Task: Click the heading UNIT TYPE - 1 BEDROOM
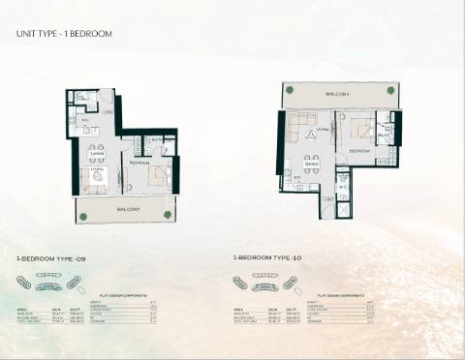pyautogui.click(x=64, y=34)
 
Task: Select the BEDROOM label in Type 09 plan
pyautogui.click(x=138, y=164)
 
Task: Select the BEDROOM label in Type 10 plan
pyautogui.click(x=359, y=152)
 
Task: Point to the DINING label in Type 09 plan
pyautogui.click(x=98, y=153)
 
